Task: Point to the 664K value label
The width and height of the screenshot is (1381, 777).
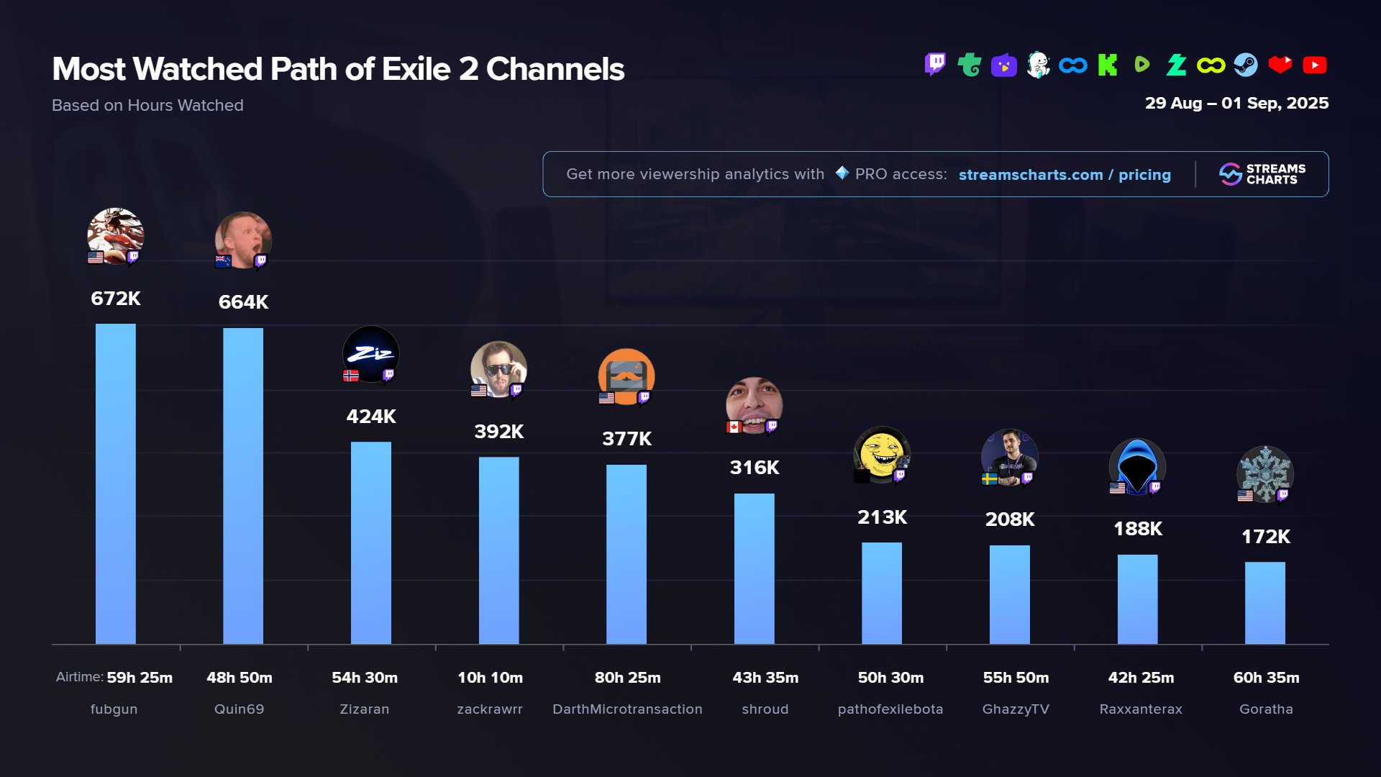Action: tap(243, 302)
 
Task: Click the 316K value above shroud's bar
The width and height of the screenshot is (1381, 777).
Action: tap(754, 468)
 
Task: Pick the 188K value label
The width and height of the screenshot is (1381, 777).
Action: tap(1137, 529)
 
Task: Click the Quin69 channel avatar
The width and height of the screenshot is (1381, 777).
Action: tap(243, 239)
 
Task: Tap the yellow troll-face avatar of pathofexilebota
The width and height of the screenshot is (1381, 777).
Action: tap(881, 454)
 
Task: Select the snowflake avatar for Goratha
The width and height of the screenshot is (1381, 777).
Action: tap(1264, 473)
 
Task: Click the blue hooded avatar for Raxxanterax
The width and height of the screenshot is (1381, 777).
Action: tap(1136, 466)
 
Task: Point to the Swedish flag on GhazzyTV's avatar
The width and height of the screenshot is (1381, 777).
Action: tap(989, 479)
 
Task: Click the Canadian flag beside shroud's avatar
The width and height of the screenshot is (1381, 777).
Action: tap(734, 427)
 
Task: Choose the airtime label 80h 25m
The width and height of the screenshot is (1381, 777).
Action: tap(627, 678)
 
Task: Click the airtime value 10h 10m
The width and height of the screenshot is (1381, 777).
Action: tap(490, 678)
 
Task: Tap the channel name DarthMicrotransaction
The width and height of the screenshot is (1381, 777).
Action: tap(627, 709)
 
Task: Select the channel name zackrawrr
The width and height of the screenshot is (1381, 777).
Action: tap(490, 709)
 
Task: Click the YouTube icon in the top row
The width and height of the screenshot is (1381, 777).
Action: tap(1314, 65)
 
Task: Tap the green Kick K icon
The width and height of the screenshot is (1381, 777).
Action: tap(1107, 65)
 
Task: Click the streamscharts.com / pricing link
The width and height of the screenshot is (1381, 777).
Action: tap(1065, 175)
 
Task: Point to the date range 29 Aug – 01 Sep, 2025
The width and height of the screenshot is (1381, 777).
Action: tap(1236, 104)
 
